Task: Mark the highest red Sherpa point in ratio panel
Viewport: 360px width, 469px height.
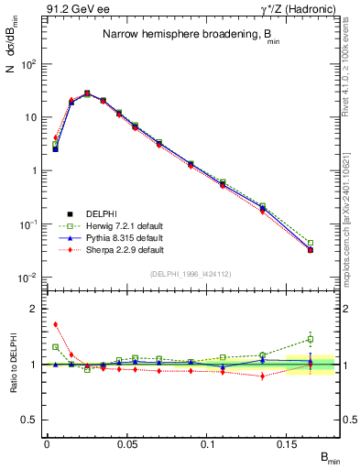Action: click(x=55, y=323)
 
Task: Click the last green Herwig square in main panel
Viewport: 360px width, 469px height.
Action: click(x=311, y=243)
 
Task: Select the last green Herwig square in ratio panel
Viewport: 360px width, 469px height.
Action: click(x=311, y=339)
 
